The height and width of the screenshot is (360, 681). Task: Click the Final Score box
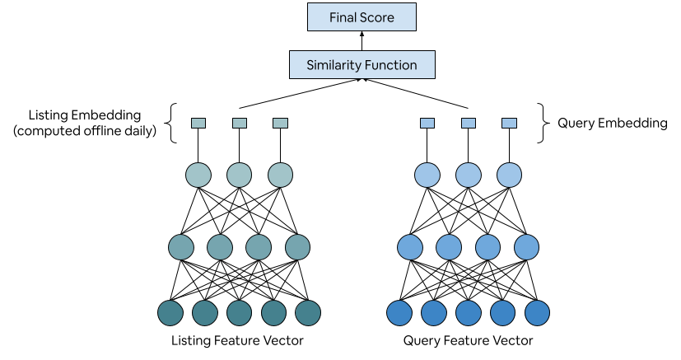pyautogui.click(x=361, y=17)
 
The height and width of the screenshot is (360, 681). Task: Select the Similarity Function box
pyautogui.click(x=361, y=65)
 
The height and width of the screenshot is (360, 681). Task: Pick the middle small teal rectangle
pyautogui.click(x=240, y=124)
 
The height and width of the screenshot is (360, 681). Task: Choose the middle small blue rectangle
pyautogui.click(x=469, y=124)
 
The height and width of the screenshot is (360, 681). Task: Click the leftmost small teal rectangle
pyautogui.click(x=198, y=124)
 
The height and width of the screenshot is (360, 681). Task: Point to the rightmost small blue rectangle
pyautogui.click(x=509, y=124)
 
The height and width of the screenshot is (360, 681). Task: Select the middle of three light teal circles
pyautogui.click(x=239, y=175)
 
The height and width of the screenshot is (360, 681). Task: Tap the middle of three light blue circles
pyautogui.click(x=469, y=175)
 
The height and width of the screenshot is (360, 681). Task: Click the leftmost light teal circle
pyautogui.click(x=198, y=175)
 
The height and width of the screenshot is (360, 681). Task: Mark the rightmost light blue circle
pyautogui.click(x=509, y=175)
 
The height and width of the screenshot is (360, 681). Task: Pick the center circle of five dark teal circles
pyautogui.click(x=239, y=313)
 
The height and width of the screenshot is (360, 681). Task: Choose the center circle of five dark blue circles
pyautogui.click(x=468, y=313)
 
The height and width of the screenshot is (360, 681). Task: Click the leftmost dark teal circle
pyautogui.click(x=170, y=313)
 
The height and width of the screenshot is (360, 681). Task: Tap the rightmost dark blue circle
pyautogui.click(x=537, y=313)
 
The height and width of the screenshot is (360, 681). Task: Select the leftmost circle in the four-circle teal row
pyautogui.click(x=181, y=247)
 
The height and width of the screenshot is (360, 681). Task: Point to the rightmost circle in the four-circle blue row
pyautogui.click(x=526, y=247)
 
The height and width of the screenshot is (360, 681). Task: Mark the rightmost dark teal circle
pyautogui.click(x=308, y=313)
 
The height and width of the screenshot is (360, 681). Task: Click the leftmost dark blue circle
pyautogui.click(x=399, y=313)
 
